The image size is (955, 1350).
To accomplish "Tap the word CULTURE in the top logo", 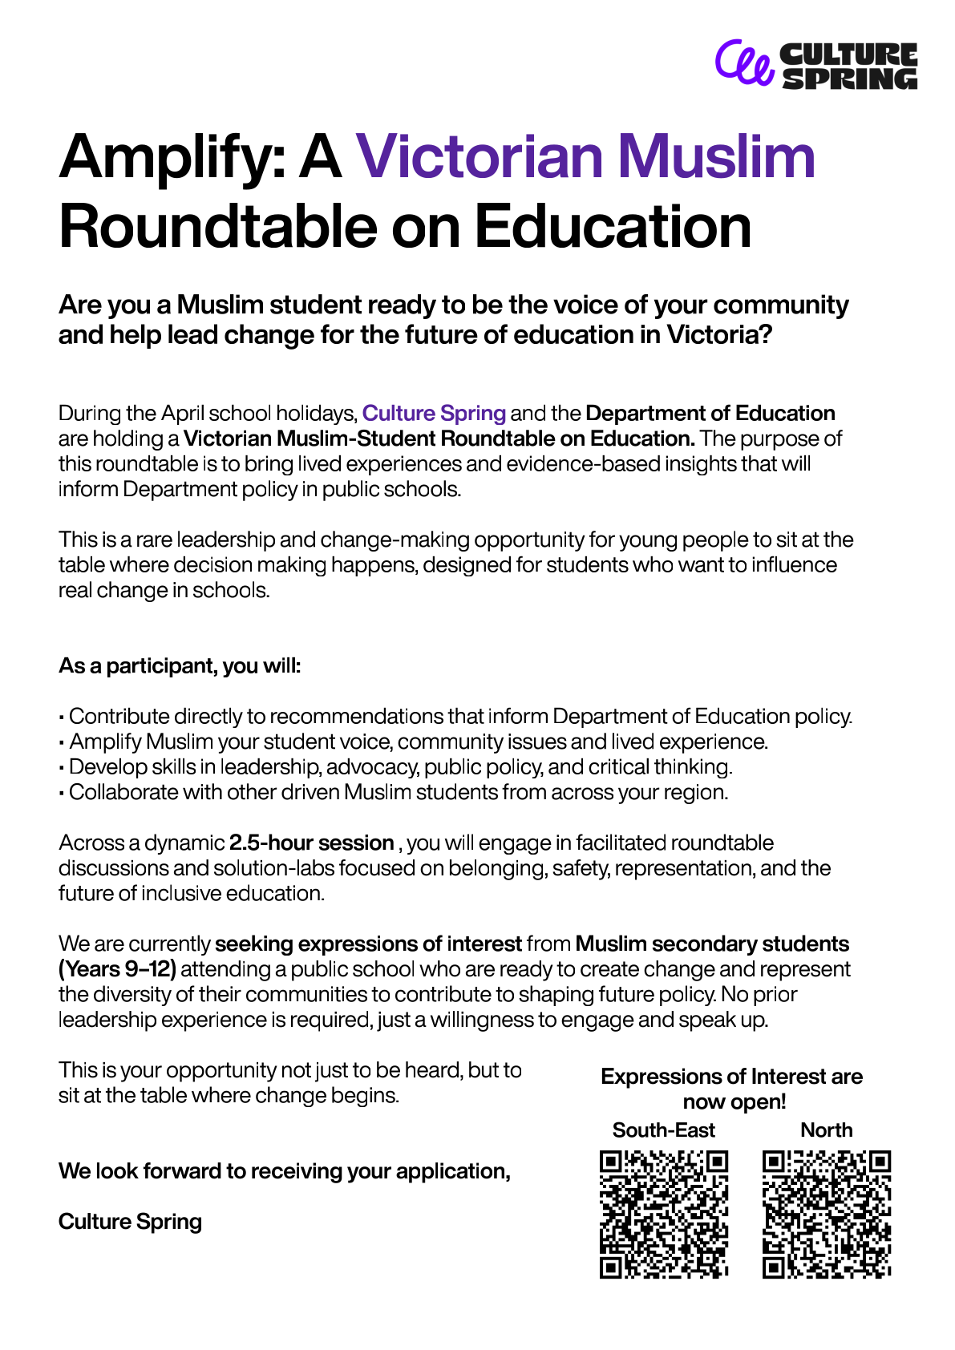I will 848,54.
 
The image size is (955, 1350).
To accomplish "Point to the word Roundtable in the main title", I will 217,227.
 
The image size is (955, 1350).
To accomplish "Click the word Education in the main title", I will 613,227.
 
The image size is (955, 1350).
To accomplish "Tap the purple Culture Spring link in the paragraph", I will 434,414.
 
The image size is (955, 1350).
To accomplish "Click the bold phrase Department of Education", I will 710,414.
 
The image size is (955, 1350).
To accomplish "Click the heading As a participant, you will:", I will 180,666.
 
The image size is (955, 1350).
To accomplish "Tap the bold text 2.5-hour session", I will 311,843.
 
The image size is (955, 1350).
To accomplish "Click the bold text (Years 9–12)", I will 117,969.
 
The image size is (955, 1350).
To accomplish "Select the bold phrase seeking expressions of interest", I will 368,944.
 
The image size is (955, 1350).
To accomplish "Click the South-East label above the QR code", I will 663,1130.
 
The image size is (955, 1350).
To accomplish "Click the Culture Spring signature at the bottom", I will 130,1222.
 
